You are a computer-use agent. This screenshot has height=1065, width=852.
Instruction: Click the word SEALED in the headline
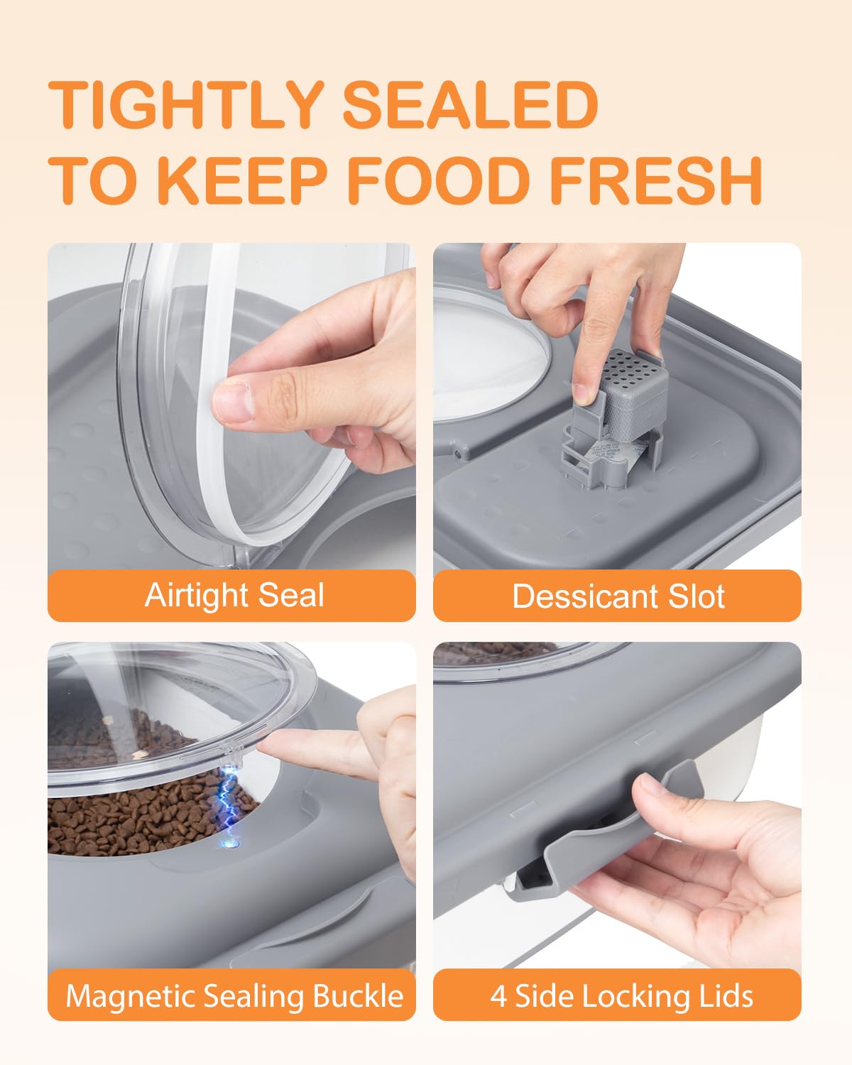point(470,105)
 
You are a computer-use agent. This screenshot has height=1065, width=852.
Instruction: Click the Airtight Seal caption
point(234,595)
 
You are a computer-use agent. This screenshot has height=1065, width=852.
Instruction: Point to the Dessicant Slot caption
point(618,596)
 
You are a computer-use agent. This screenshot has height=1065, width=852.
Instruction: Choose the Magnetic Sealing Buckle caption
point(234,995)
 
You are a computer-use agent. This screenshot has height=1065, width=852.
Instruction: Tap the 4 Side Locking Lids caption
point(621,995)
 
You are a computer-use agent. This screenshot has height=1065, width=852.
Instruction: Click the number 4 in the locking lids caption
point(498,995)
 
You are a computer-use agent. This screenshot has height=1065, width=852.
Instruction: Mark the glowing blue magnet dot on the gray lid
point(228,844)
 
